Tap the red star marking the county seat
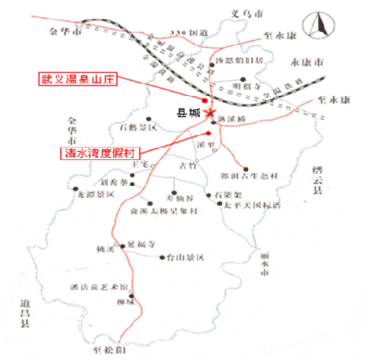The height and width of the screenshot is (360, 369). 210,114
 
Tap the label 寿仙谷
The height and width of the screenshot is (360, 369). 178,198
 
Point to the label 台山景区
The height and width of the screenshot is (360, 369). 184,257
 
